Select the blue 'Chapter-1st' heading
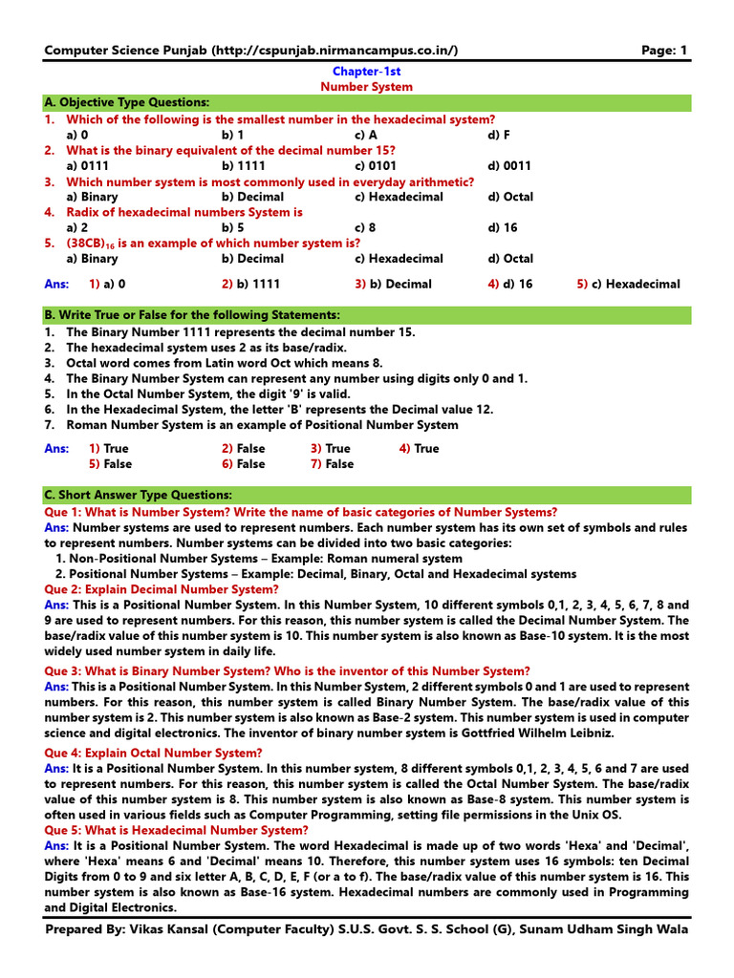[x=366, y=72]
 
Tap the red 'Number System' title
[x=366, y=87]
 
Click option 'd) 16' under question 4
[x=502, y=227]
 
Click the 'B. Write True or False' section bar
[x=191, y=314]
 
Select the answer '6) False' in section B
[x=244, y=464]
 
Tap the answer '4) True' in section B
[x=420, y=448]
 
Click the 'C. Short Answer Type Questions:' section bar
[x=138, y=495]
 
